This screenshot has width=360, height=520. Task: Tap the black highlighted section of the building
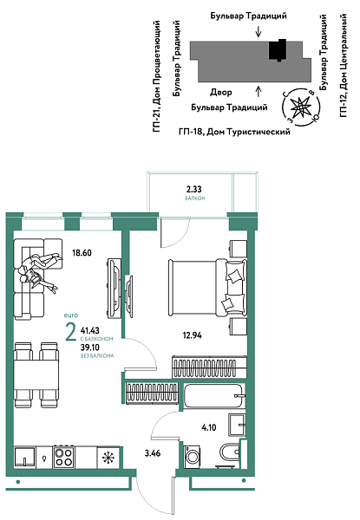[278, 51]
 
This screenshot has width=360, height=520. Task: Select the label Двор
[220, 91]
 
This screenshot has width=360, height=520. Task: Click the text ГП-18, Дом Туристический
[233, 130]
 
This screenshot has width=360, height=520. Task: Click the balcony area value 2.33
[195, 188]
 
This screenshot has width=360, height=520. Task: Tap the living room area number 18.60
[82, 253]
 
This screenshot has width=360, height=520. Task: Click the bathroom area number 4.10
[208, 426]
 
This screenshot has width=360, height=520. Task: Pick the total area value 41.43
[89, 330]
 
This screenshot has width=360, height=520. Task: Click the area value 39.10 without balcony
[88, 346]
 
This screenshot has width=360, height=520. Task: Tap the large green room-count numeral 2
[69, 332]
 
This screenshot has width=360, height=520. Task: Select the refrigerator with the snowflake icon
[108, 457]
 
